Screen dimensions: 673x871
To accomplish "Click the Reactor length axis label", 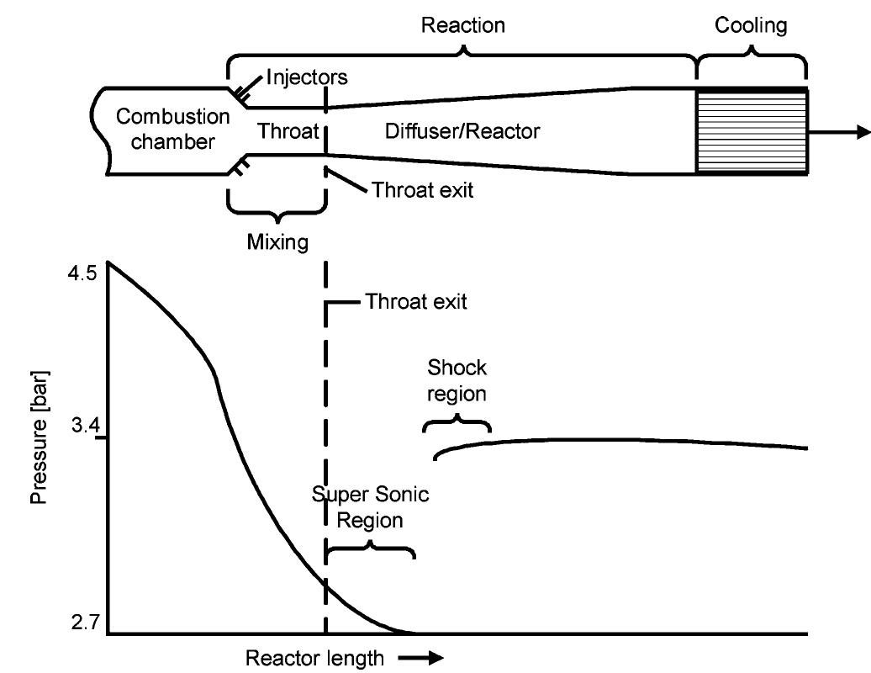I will [x=314, y=657].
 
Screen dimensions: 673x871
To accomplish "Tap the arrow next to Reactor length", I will [x=425, y=658].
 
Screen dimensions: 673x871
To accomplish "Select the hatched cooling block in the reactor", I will [x=752, y=132].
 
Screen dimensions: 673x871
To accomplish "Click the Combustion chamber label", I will [x=172, y=130].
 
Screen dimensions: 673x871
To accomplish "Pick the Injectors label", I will [x=307, y=78].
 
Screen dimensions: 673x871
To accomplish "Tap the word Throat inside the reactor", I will [x=288, y=131].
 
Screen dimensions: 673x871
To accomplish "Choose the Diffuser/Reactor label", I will [x=462, y=131].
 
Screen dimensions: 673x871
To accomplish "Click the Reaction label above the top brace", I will [x=462, y=25].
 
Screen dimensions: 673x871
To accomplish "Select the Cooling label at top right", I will [x=751, y=25].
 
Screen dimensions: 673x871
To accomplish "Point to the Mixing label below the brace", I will [x=277, y=242].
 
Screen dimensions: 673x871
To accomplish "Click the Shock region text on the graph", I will [x=457, y=381].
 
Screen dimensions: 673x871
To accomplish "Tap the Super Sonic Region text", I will [x=370, y=507].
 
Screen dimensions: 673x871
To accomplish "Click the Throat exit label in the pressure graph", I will [x=415, y=302].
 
